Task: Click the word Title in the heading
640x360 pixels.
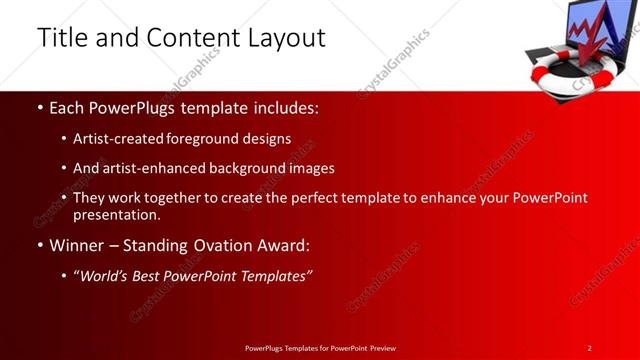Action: pos(61,38)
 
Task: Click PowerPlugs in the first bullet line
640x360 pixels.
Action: pos(127,106)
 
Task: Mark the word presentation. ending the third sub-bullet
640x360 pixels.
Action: pos(116,214)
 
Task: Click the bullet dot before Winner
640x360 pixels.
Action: pos(39,246)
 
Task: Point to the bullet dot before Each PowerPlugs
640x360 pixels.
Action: pos(39,107)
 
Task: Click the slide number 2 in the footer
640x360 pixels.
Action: pos(590,348)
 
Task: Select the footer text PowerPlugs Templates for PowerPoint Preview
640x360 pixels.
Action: pos(320,348)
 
